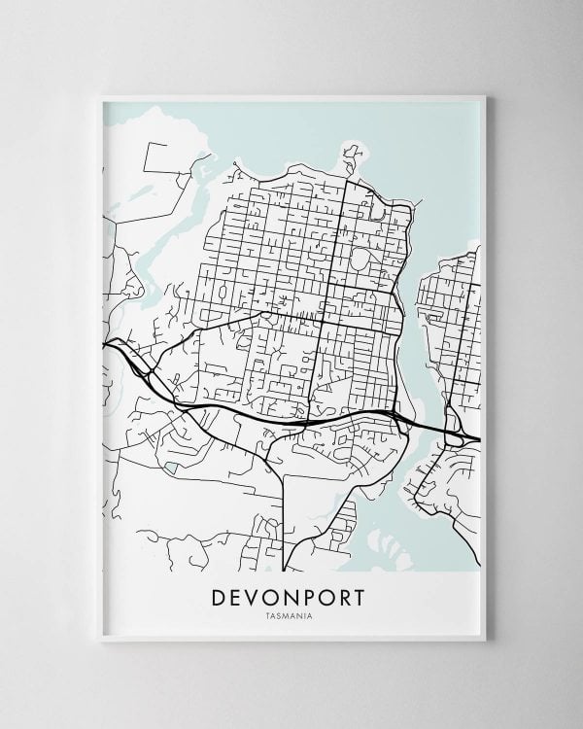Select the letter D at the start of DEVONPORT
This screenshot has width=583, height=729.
pyautogui.click(x=219, y=596)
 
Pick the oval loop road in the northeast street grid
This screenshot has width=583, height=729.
pyautogui.click(x=361, y=260)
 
